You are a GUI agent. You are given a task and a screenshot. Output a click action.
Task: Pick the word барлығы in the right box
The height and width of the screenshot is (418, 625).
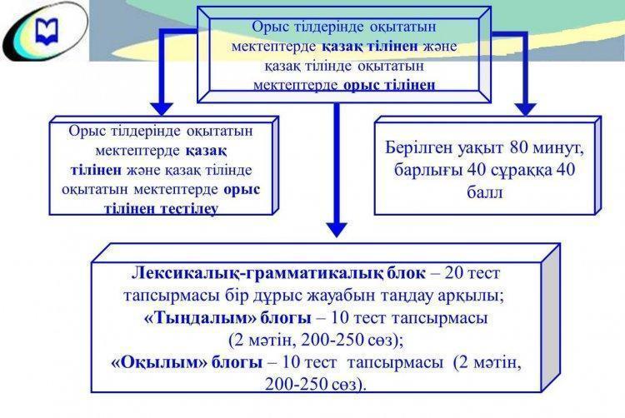[x=432, y=172]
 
